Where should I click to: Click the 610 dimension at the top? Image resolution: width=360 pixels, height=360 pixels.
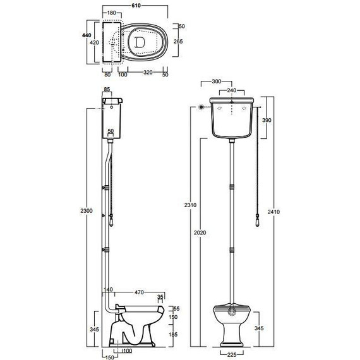pyautogui.click(x=136, y=5)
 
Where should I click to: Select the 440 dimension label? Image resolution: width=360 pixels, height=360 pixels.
pyautogui.click(x=87, y=35)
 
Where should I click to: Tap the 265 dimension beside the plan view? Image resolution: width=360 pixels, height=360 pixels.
pyautogui.click(x=178, y=41)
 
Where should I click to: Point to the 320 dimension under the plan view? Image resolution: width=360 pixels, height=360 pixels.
pyautogui.click(x=148, y=73)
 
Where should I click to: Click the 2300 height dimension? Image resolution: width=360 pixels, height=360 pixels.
pyautogui.click(x=87, y=210)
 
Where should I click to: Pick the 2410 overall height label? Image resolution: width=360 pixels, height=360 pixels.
pyautogui.click(x=273, y=212)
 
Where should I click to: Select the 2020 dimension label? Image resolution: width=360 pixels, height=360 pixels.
pyautogui.click(x=200, y=232)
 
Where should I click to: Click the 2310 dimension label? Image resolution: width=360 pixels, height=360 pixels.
pyautogui.click(x=190, y=205)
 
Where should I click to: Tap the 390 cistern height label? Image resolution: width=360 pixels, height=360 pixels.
pyautogui.click(x=267, y=120)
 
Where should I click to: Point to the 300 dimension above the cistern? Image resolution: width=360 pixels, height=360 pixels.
pyautogui.click(x=217, y=81)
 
